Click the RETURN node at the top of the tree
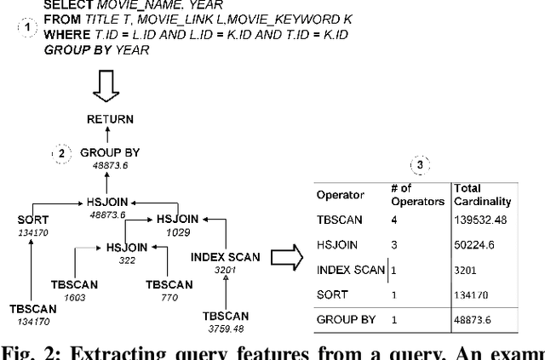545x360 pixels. (110, 120)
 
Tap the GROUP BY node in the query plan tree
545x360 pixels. (110, 153)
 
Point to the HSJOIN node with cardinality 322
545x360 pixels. (127, 248)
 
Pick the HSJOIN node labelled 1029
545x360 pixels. (176, 219)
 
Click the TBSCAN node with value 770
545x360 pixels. (169, 284)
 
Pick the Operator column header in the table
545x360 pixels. (341, 195)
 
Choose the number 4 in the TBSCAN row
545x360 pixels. (395, 220)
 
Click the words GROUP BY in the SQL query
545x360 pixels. (72, 49)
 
